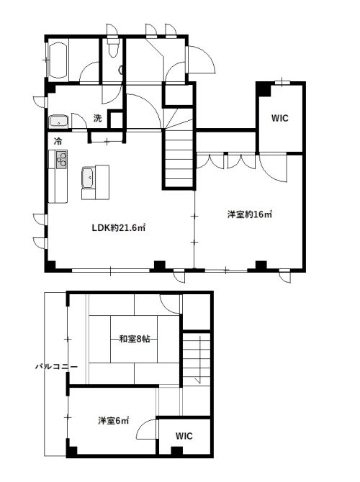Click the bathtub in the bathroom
point(58,60)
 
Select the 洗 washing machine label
point(97,118)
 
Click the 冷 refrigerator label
point(58,142)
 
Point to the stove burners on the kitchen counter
point(61,160)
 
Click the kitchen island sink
point(89,178)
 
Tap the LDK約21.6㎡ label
point(119,228)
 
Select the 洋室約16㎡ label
point(250,214)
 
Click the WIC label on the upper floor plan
point(279,118)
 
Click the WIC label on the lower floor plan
point(184,435)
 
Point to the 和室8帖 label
point(135,339)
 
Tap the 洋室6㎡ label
point(113,421)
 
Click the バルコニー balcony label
point(56,367)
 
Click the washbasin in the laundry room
point(58,121)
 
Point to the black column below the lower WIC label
point(177,450)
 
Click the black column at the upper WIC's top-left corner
point(264,89)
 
